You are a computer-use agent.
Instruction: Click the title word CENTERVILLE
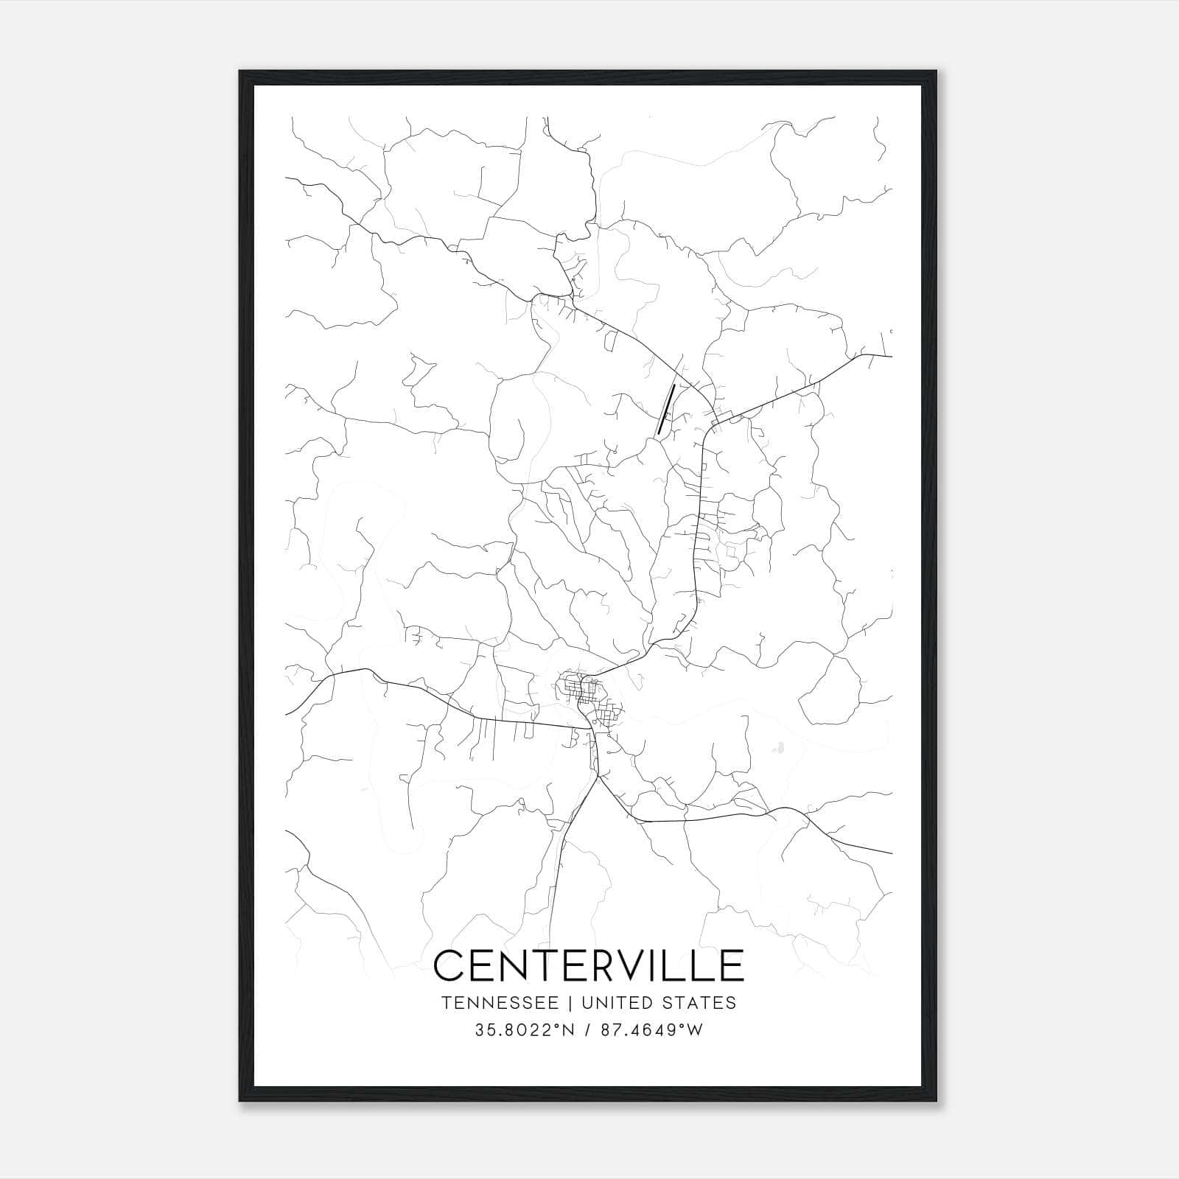click(589, 965)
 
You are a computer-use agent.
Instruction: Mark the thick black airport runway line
click(666, 408)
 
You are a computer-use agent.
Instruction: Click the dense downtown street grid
click(587, 693)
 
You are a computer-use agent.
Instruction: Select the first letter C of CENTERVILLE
click(449, 965)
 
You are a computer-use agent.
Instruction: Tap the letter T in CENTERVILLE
click(539, 965)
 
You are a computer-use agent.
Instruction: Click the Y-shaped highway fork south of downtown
click(598, 776)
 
